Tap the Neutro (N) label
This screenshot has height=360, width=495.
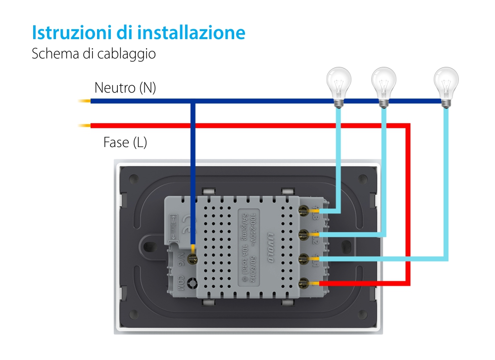[x=125, y=88]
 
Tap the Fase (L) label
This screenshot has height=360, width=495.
[x=125, y=143]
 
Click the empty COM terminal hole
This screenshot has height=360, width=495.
[x=192, y=284]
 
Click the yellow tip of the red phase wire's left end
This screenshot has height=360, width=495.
[x=84, y=125]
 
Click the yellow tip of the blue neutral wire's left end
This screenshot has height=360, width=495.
[x=84, y=102]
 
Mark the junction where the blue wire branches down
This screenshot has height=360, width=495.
[x=193, y=102]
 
